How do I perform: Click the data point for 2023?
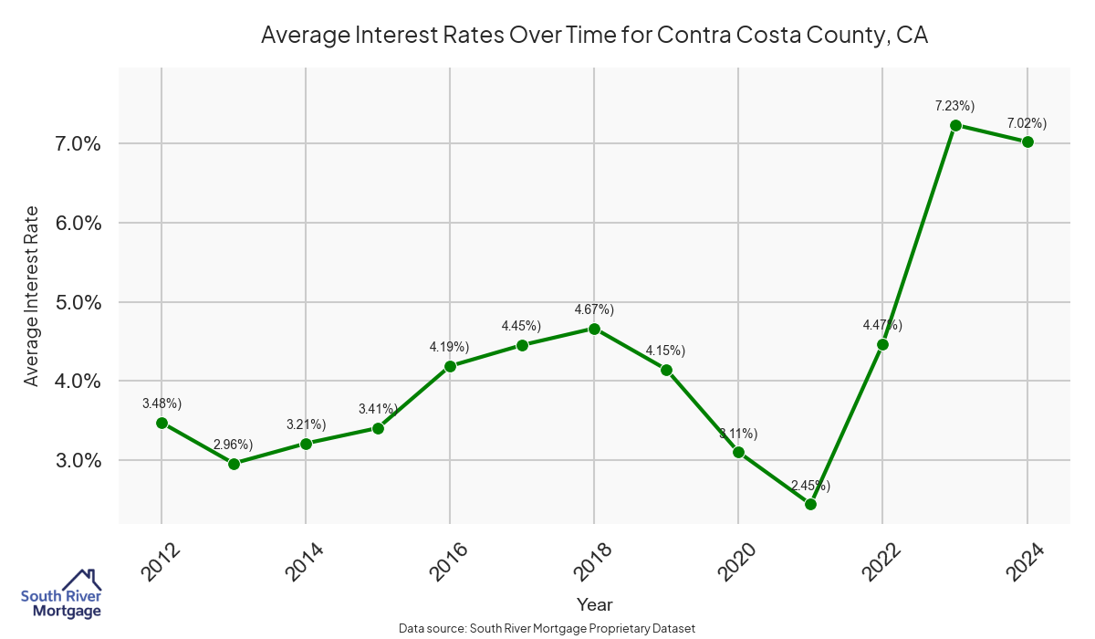(954, 125)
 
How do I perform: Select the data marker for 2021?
(810, 504)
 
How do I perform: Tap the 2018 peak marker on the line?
(594, 329)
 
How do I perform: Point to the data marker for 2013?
(234, 464)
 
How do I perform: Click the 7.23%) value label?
(954, 106)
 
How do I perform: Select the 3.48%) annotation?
(162, 403)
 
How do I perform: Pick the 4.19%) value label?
(449, 347)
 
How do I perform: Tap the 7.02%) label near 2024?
(1027, 122)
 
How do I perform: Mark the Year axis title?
(594, 604)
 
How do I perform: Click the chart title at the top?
(594, 35)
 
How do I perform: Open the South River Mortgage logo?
(60, 593)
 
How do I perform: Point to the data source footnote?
(547, 629)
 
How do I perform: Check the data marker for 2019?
(666, 370)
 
